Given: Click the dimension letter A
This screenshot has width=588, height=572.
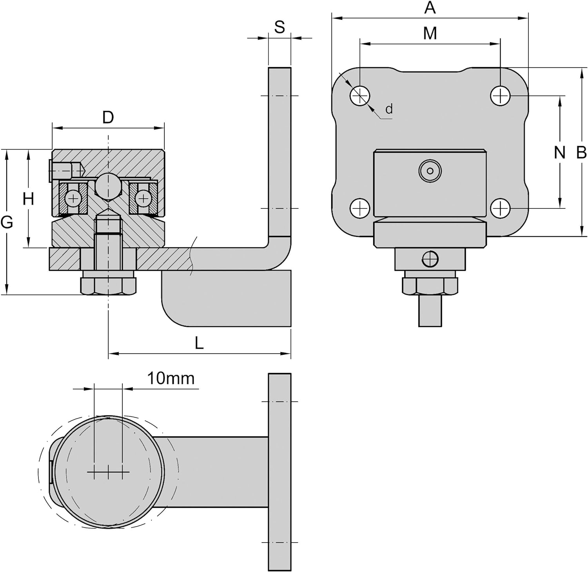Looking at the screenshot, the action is pos(430,7).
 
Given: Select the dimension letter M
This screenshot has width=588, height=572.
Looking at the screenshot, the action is pos(430,33).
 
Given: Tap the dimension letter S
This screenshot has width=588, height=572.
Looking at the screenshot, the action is pos(279,27).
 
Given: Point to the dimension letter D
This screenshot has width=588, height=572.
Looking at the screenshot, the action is pos(108,117).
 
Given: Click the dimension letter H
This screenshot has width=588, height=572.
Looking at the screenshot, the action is pos(28,199).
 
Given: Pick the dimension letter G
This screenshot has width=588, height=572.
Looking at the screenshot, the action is pos(7,223).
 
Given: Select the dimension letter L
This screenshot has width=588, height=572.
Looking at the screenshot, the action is pos(199,344).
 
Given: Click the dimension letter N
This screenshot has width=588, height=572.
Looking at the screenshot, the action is pos(560,152).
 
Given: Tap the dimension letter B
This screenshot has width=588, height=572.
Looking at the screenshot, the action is pos(581,152).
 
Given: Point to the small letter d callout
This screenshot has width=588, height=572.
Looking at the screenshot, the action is pos(389,109).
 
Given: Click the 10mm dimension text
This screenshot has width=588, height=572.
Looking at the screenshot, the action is pos(171,378).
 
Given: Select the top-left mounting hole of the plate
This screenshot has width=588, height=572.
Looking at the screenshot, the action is pos(360,95).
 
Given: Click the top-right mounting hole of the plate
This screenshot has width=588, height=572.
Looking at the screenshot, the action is pos(500,95).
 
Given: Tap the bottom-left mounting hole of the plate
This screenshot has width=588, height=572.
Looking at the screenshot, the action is pos(360,208).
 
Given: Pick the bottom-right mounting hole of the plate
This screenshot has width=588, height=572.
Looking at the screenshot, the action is pos(500,208).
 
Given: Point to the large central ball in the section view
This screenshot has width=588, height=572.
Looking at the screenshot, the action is pos(108,186).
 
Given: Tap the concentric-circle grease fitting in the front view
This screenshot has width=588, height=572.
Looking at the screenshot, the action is pos(430,171).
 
